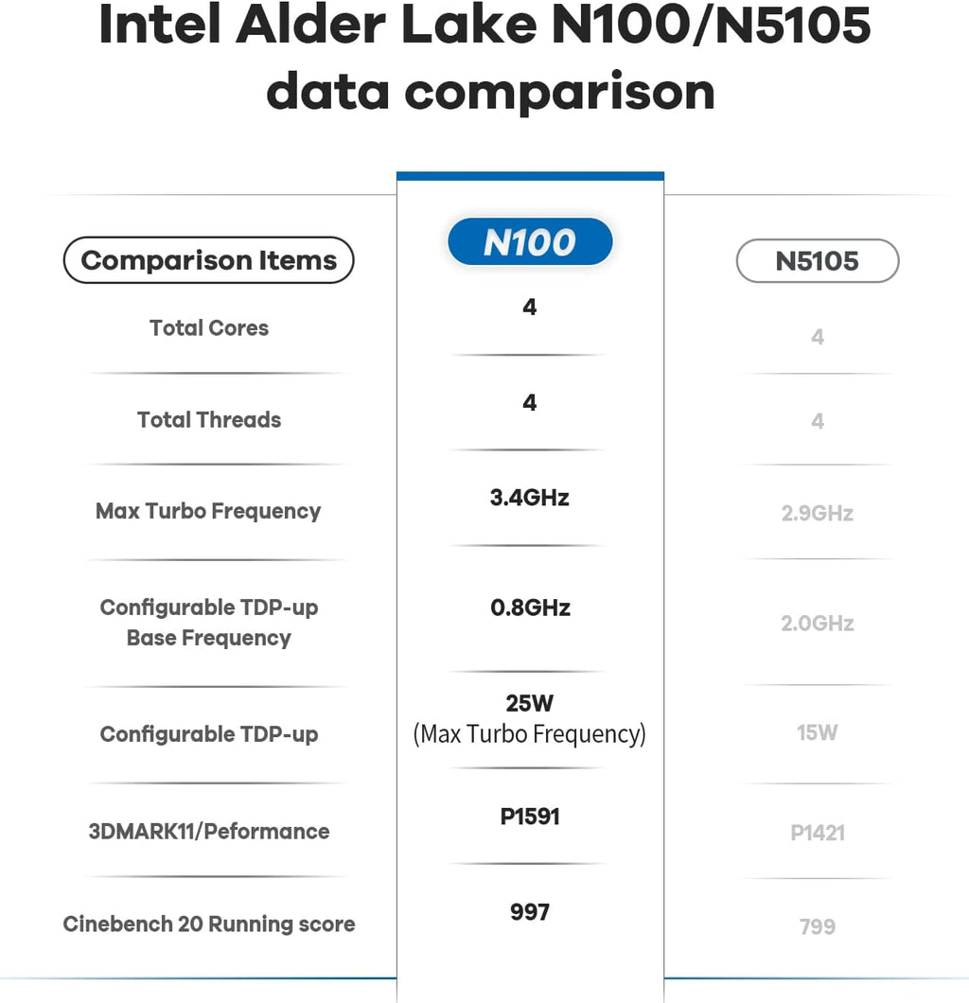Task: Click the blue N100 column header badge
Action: [530, 242]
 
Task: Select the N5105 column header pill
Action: [817, 261]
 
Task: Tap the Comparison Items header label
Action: [208, 260]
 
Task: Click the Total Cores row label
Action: [209, 328]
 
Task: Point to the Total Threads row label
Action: [209, 420]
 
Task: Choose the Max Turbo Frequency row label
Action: [208, 512]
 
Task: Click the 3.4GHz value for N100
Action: [530, 498]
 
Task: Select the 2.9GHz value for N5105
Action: [818, 514]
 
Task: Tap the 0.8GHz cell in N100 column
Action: [530, 607]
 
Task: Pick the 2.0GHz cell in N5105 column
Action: [818, 624]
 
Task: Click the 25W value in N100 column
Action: [530, 704]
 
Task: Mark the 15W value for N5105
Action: [818, 732]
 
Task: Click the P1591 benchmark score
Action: [530, 817]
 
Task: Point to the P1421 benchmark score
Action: [818, 833]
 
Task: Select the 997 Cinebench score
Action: [530, 912]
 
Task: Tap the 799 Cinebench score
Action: [818, 926]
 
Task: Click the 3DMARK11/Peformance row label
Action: [209, 832]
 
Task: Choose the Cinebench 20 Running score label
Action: [209, 924]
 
